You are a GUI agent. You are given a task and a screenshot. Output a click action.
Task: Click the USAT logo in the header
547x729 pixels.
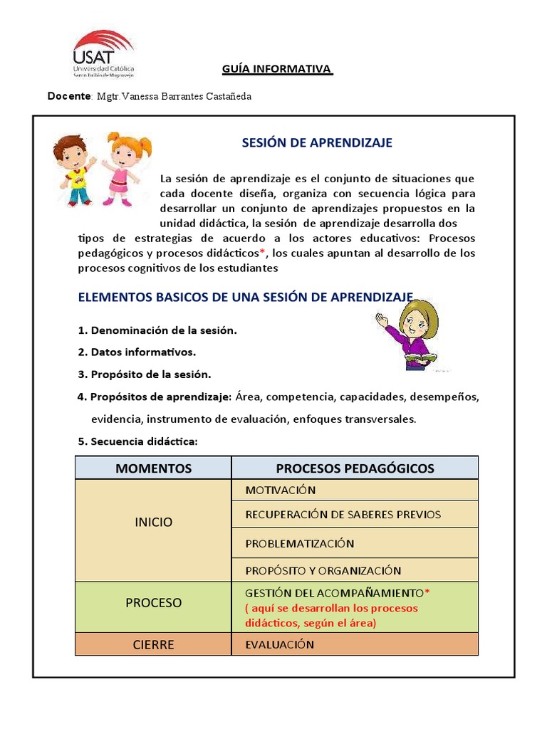click(x=103, y=53)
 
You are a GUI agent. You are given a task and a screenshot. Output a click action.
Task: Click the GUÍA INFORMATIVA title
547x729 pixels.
click(x=277, y=69)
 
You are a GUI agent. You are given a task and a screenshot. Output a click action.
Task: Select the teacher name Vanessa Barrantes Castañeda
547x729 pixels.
click(x=175, y=96)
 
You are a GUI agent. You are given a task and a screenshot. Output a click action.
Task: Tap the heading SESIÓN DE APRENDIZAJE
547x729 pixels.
click(x=317, y=143)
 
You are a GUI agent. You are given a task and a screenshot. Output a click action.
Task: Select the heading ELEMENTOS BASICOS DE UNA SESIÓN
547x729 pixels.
click(x=245, y=297)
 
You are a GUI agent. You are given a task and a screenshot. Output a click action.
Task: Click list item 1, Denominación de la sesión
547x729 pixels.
click(x=157, y=330)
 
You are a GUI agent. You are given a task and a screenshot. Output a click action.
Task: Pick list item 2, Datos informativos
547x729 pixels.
click(x=136, y=352)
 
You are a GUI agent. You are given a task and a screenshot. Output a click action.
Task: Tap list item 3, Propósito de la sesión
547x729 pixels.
click(x=144, y=374)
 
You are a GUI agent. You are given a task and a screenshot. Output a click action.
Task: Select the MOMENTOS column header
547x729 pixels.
click(x=153, y=468)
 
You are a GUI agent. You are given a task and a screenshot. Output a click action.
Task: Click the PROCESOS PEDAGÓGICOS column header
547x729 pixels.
click(x=355, y=468)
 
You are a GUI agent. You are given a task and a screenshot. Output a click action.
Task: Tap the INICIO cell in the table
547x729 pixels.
click(x=153, y=522)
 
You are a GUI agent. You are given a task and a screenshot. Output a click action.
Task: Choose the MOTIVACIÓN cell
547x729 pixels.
click(x=281, y=490)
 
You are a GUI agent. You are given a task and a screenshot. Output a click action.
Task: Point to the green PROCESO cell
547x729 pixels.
click(x=153, y=602)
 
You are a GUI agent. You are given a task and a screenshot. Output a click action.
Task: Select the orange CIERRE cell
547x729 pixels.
click(x=153, y=645)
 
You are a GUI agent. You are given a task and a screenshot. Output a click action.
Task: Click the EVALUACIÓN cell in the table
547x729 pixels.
click(x=279, y=644)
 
